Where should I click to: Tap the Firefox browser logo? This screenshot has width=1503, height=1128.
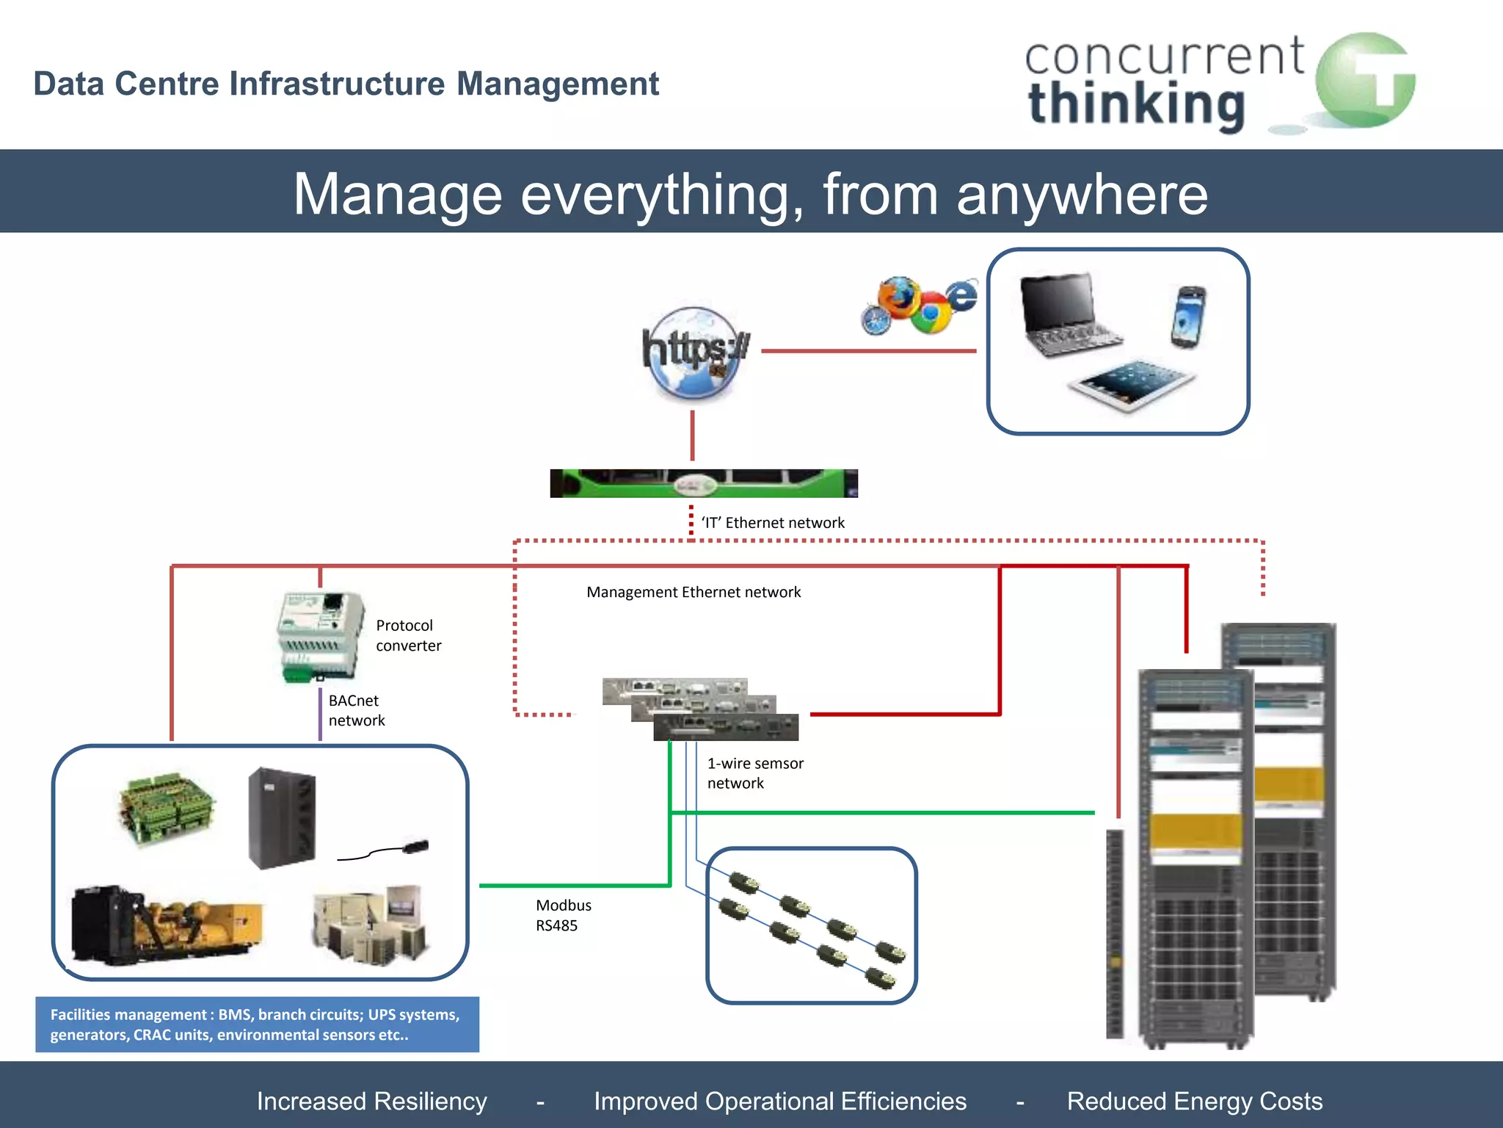click(897, 297)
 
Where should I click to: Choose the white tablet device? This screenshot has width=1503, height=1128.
click(1131, 384)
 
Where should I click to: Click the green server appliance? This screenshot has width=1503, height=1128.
click(703, 483)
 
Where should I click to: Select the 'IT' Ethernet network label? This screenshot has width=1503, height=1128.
click(773, 523)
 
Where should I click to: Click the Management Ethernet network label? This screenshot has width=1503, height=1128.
click(694, 592)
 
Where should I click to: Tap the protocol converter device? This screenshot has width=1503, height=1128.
click(321, 636)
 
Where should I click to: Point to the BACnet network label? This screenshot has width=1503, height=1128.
click(356, 710)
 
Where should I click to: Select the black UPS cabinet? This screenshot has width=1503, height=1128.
click(282, 817)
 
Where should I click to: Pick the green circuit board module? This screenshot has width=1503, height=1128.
click(167, 808)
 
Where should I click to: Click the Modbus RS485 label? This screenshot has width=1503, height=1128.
click(563, 915)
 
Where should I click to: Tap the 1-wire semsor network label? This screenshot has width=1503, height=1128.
click(755, 773)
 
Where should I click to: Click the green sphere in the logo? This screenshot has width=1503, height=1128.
click(1364, 81)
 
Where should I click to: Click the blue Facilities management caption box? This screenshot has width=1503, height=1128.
click(257, 1024)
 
